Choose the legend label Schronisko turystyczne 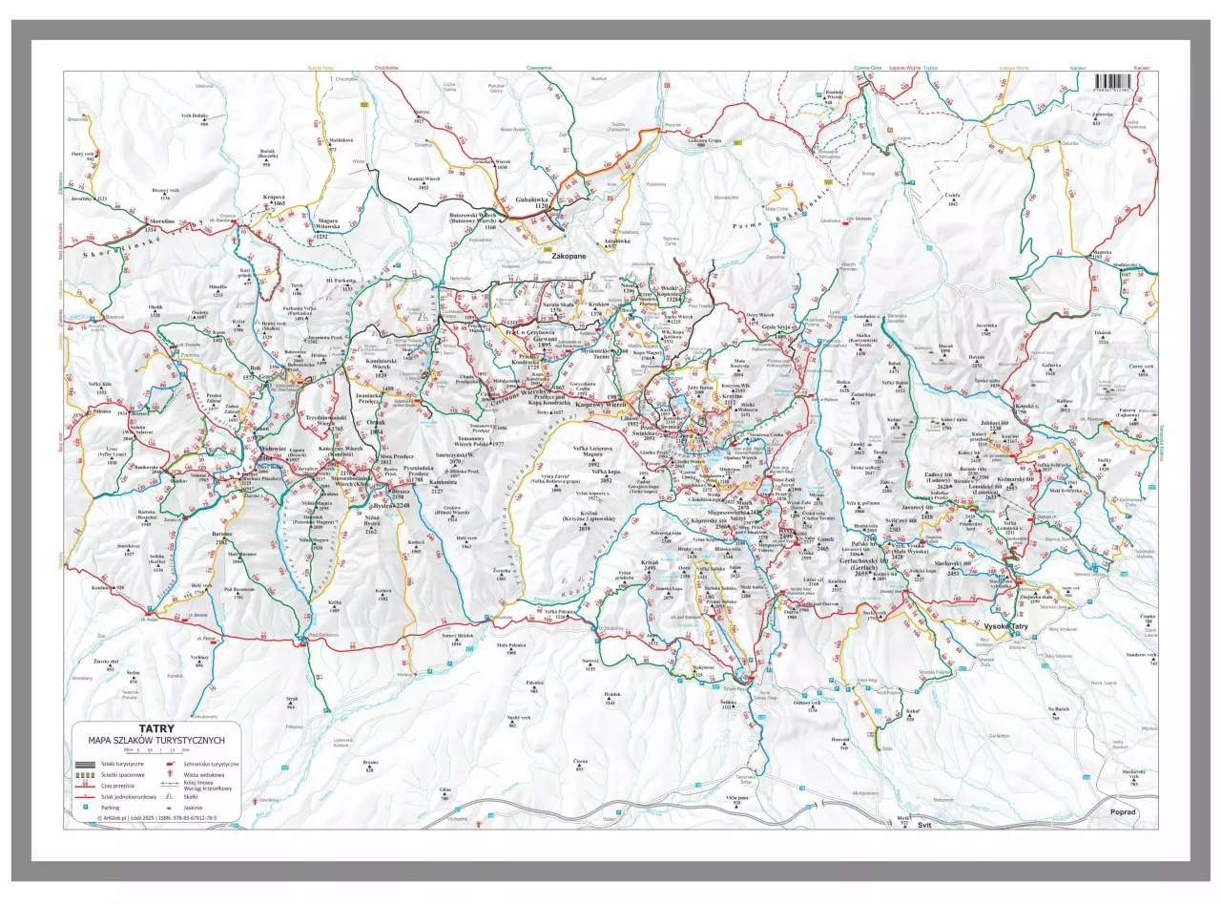212,765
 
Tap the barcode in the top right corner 1112,82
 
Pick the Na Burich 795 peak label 1058,712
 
